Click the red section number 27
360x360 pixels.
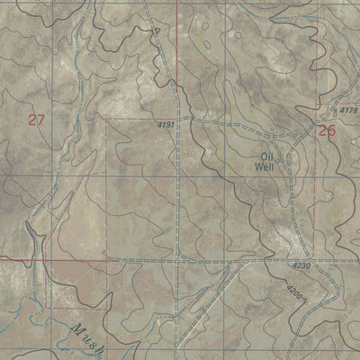[36, 120]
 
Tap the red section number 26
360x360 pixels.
[327, 131]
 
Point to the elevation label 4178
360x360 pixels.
[347, 111]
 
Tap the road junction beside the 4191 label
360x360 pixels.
[180, 117]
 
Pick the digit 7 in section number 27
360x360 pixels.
[41, 120]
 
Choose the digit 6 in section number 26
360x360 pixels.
[332, 131]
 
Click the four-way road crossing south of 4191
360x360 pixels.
[180, 258]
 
